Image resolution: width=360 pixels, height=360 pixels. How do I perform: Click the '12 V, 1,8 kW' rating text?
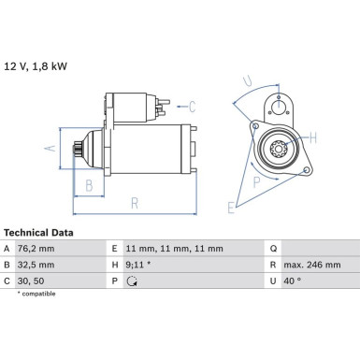click(x=36, y=66)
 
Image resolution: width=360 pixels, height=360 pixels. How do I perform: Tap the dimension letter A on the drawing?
click(x=50, y=148)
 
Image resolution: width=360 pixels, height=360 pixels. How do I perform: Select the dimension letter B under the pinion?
click(x=89, y=185)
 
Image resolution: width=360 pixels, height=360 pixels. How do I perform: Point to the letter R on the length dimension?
click(x=135, y=203)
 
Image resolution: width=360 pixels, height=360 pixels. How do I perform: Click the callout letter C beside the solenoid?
click(x=192, y=107)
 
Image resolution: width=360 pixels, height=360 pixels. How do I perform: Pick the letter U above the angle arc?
click(x=248, y=80)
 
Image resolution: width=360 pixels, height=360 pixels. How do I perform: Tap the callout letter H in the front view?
click(x=312, y=137)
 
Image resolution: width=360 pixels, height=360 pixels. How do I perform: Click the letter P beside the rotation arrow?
click(x=256, y=182)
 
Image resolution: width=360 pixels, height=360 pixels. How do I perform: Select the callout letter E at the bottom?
click(x=231, y=208)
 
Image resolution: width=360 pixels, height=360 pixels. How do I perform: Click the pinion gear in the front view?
click(x=277, y=148)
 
